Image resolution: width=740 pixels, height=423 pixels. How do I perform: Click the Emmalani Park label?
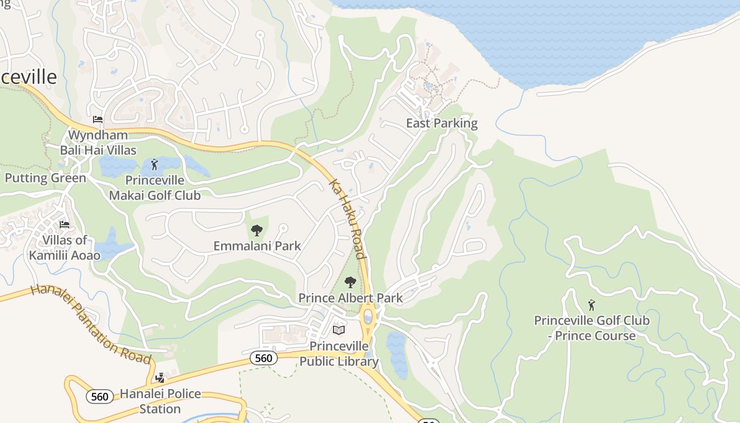tap(257, 246)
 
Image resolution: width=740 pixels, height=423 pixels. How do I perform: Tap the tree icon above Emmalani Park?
tap(257, 231)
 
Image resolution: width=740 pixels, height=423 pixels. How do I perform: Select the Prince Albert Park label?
tap(350, 298)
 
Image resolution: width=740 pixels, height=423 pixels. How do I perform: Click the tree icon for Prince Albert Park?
tap(350, 282)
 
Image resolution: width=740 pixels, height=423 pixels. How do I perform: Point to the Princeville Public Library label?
tap(339, 354)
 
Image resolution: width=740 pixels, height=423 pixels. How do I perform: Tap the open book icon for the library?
tap(339, 330)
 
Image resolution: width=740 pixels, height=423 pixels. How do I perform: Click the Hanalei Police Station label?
tap(160, 401)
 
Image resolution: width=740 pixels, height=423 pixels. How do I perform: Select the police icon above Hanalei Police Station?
tap(160, 378)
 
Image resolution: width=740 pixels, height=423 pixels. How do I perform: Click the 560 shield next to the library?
tap(263, 358)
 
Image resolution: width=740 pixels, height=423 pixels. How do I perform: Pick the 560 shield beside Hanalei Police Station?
tap(99, 397)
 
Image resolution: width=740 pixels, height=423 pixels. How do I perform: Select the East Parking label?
tap(441, 123)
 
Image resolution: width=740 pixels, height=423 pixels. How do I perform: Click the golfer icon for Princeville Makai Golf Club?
tap(154, 164)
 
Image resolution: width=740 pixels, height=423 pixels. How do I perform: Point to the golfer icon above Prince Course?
tap(591, 305)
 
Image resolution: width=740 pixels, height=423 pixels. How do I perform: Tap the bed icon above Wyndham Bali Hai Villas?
tap(98, 119)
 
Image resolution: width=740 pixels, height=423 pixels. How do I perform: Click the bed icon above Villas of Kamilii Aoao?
tap(64, 225)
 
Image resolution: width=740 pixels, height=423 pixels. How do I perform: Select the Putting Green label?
tap(45, 178)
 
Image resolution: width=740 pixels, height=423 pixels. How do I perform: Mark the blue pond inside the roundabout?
tap(368, 318)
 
